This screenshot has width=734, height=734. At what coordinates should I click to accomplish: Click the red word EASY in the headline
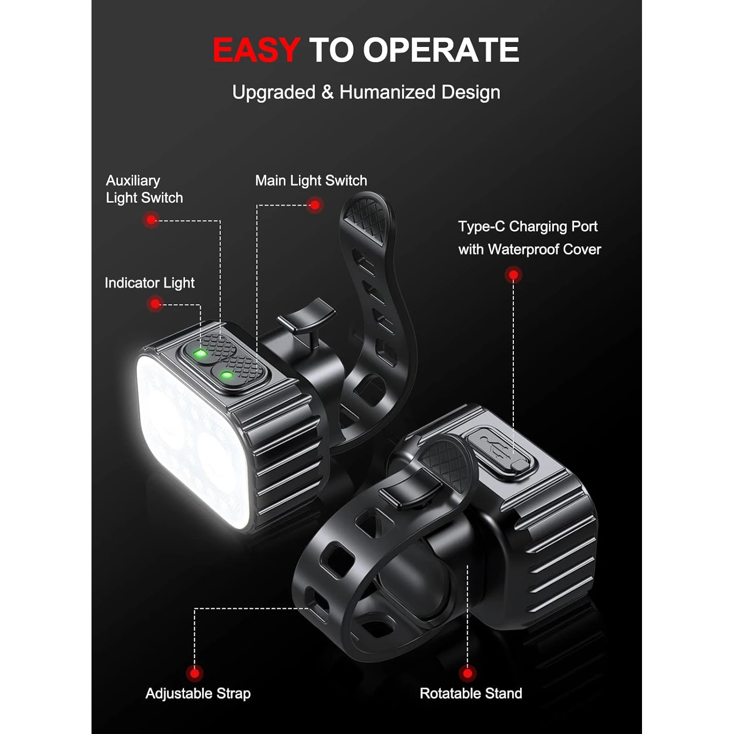pos(256,50)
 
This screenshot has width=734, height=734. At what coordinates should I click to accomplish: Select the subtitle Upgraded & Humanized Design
pos(366,92)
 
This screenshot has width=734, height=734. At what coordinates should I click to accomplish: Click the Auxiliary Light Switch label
pos(144,189)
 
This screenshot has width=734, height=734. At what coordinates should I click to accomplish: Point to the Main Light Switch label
pos(311,181)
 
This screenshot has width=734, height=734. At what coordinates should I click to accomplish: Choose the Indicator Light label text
pos(150,283)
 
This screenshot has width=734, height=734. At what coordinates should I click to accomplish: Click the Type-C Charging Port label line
pos(528,227)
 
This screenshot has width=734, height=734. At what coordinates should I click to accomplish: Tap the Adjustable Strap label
pos(198,693)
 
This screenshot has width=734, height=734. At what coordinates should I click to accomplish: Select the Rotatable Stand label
pos(471,693)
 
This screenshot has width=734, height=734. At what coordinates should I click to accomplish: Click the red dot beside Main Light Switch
pos(315,205)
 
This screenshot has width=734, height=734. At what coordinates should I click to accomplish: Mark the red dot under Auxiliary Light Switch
pos(152,220)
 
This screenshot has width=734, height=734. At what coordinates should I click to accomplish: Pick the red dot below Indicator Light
pos(155,304)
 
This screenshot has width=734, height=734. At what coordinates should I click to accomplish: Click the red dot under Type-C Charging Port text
pos(513,275)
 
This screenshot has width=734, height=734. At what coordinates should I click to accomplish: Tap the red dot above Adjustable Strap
pos(194,674)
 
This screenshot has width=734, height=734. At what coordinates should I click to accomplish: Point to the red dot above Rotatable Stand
pos(467,674)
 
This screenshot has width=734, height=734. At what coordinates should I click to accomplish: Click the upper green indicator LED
pos(200,353)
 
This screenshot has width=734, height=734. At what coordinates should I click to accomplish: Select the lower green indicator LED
pos(227,376)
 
